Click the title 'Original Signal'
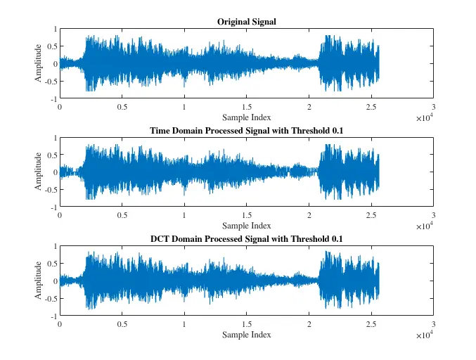point(246,22)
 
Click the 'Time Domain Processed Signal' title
point(246,131)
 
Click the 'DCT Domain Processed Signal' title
point(246,239)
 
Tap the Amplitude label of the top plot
point(39,64)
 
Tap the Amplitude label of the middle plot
point(39,173)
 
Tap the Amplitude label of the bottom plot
point(39,281)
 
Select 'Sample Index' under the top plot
point(246,117)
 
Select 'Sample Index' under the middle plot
point(246,226)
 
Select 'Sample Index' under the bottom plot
point(246,335)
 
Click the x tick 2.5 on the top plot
point(371,108)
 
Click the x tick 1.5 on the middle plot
point(246,216)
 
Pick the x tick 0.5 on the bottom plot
point(122,325)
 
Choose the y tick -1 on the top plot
point(53,99)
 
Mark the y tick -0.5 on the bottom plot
point(49,299)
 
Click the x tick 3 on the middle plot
point(433,216)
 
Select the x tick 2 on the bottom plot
point(309,325)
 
